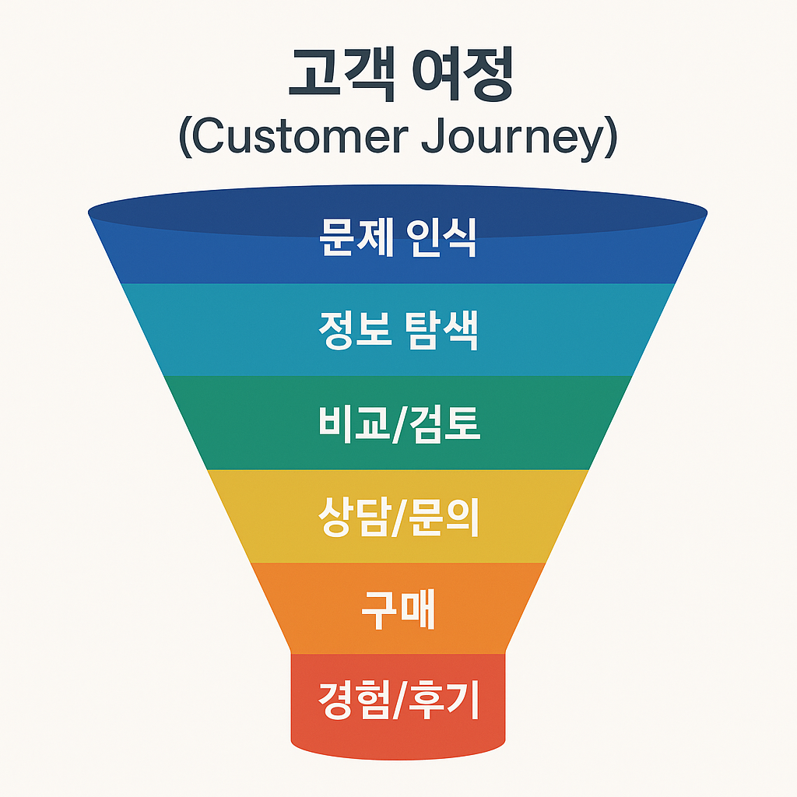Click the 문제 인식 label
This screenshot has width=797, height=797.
pyautogui.click(x=398, y=237)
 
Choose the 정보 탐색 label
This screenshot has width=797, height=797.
pyautogui.click(x=398, y=330)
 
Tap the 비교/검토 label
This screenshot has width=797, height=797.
pyautogui.click(x=398, y=423)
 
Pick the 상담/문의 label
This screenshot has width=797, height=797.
pyautogui.click(x=398, y=517)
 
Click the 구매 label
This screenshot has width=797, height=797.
pyautogui.click(x=398, y=611)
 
